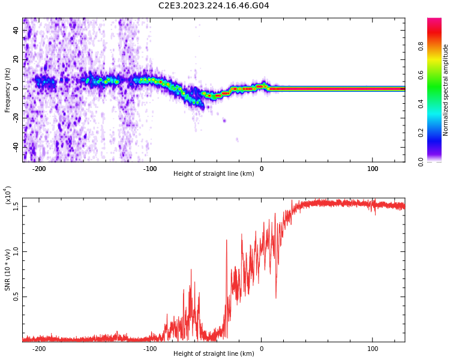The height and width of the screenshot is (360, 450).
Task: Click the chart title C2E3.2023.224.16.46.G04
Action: pyautogui.click(x=214, y=6)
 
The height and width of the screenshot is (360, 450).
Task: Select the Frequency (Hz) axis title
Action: pyautogui.click(x=8, y=89)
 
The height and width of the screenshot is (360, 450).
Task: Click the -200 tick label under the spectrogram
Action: pyautogui.click(x=39, y=169)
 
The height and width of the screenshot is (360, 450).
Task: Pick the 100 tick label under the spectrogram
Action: pyautogui.click(x=373, y=169)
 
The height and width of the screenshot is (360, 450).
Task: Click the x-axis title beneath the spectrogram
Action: pyautogui.click(x=214, y=174)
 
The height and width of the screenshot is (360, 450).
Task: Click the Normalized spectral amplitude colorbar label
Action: pyautogui.click(x=446, y=89)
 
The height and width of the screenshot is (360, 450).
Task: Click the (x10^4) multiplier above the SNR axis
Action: pyautogui.click(x=8, y=196)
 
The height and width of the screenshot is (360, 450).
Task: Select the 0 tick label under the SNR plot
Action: pyautogui.click(x=262, y=349)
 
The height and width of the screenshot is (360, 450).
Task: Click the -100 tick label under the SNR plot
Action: pyautogui.click(x=150, y=349)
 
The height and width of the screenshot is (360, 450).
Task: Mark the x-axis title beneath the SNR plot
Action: pyautogui.click(x=214, y=354)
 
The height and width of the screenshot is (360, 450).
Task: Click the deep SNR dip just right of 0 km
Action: pyautogui.click(x=276, y=297)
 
